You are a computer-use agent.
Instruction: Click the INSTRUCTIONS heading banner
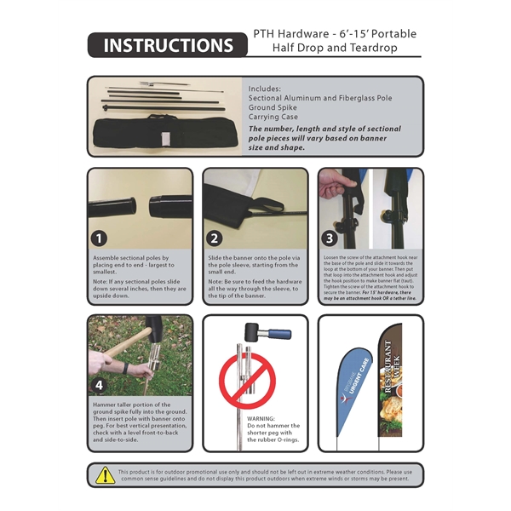click(x=167, y=46)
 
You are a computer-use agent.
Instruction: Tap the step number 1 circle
click(x=101, y=238)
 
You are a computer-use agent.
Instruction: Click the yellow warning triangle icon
click(x=105, y=474)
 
